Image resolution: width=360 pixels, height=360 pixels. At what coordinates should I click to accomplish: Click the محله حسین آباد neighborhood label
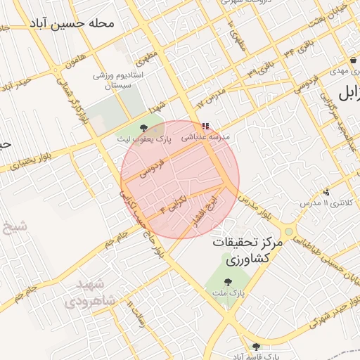point(72,23)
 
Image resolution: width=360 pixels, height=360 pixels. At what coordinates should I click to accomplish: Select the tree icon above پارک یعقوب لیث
point(144,127)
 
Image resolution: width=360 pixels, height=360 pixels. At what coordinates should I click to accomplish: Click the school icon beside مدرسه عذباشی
point(205,128)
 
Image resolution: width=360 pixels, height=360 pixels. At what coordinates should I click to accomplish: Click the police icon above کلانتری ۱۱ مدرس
point(326,191)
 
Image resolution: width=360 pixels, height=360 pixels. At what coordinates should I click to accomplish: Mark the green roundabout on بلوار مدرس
point(288,231)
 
